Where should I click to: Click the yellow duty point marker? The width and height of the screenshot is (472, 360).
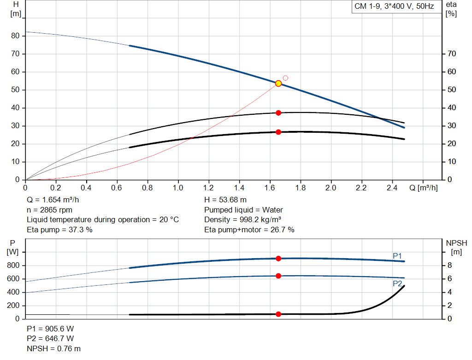click(278, 83)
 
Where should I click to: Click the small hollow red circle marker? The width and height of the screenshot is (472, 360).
click(285, 78)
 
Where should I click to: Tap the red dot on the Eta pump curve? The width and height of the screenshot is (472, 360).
click(278, 113)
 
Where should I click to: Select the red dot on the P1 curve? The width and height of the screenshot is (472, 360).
click(278, 259)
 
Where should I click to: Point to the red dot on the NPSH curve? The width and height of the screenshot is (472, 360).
click(278, 314)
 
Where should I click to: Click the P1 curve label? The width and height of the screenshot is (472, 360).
click(397, 256)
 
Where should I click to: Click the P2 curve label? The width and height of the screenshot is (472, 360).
click(397, 284)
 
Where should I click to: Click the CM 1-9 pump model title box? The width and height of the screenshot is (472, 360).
click(394, 7)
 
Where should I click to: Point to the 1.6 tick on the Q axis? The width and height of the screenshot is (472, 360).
click(270, 188)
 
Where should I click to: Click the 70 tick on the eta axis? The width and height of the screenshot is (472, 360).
click(451, 54)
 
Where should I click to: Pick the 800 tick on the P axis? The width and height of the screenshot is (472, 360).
click(13, 266)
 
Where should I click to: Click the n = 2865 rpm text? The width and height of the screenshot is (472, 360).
click(50, 210)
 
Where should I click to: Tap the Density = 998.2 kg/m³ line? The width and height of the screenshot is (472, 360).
click(243, 219)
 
